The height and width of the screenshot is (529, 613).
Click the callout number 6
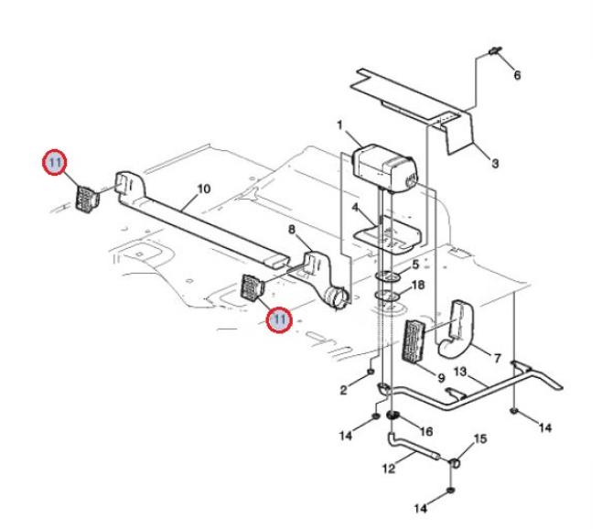(x=517, y=75)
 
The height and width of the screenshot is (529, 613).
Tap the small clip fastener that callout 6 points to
(x=495, y=51)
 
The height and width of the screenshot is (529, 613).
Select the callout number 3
(x=495, y=163)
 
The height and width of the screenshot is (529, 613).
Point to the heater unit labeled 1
(x=384, y=168)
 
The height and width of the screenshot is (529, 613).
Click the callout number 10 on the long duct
(x=204, y=189)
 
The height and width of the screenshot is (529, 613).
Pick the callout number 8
(x=292, y=230)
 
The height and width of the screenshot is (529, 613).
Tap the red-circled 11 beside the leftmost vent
(x=55, y=162)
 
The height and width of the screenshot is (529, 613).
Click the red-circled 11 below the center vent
(x=279, y=319)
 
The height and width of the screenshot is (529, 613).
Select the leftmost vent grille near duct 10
(x=87, y=200)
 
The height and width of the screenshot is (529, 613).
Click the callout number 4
(x=355, y=208)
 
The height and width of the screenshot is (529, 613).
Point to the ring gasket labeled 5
(x=388, y=276)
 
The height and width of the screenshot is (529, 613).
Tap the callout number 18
(x=418, y=285)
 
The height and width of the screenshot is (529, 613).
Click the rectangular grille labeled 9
(x=413, y=341)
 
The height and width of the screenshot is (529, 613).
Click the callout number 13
(x=459, y=372)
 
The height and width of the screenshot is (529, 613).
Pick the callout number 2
(x=343, y=390)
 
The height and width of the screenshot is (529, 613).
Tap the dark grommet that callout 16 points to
(x=393, y=415)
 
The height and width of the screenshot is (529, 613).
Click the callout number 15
(x=480, y=438)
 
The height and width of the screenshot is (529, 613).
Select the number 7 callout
(x=498, y=358)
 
